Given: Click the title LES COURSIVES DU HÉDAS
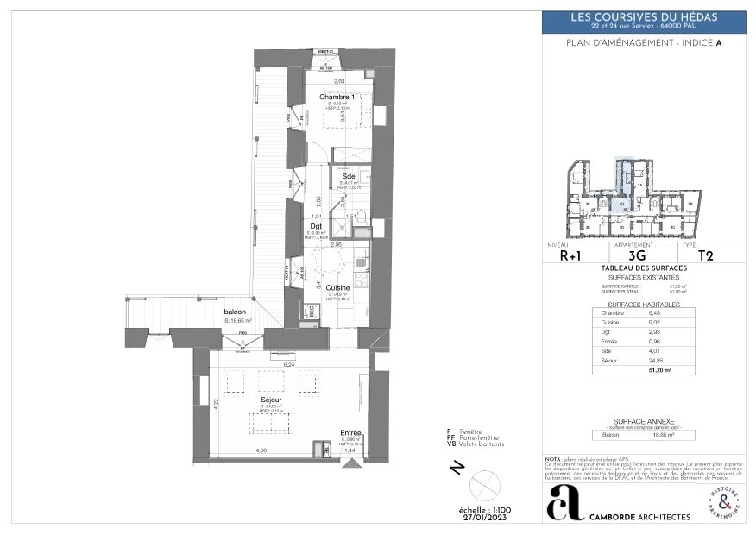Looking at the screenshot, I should coord(644,17).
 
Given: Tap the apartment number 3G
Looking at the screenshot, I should coord(637,255).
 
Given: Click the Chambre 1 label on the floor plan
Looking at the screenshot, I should coord(337,97).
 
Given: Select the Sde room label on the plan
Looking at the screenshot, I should coord(348,176).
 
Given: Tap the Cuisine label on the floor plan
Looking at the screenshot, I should coord(338,288).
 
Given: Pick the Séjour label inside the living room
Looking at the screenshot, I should coord(273,400).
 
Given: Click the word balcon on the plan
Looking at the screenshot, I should coord(235,312).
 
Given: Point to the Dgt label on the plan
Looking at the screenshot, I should coord(317,226).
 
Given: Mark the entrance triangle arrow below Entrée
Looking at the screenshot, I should coord(350,464).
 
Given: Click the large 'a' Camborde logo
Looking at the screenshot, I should coord(564,502).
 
